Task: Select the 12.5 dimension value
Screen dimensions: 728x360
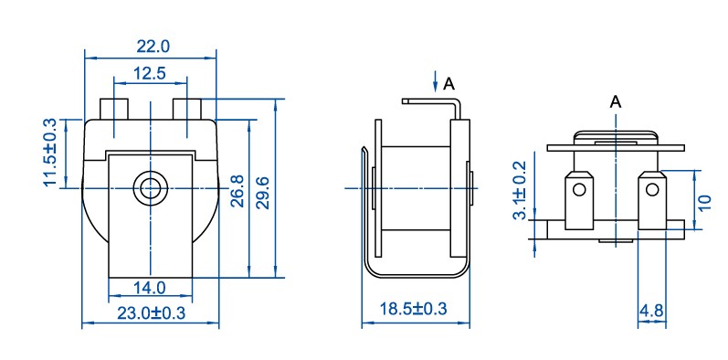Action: point(150,73)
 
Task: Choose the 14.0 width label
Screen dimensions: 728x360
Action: point(150,288)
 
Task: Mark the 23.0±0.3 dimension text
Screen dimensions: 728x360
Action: point(151,313)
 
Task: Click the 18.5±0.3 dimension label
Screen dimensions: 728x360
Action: point(413,309)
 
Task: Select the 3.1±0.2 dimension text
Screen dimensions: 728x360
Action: point(519,190)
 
